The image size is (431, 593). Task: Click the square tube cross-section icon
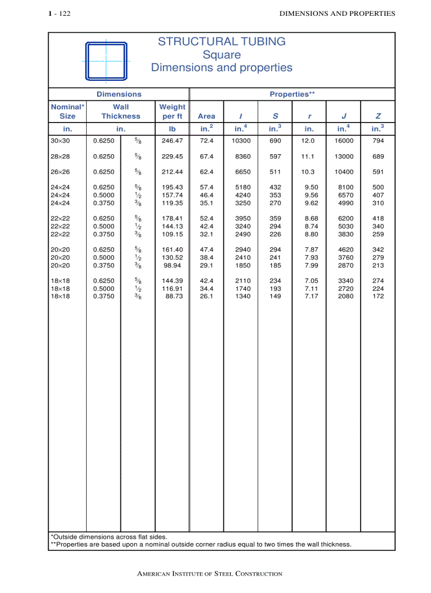click(106, 61)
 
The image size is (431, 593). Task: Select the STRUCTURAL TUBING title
click(221, 42)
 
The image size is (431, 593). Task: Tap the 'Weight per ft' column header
click(172, 111)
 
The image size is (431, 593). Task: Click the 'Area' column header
click(206, 116)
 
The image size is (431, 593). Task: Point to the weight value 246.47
click(172, 141)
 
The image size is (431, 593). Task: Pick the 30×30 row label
click(60, 141)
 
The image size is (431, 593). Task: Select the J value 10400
click(344, 172)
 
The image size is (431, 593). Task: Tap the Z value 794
click(378, 141)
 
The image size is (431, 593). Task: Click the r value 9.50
click(311, 187)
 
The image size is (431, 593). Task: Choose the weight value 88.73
click(174, 296)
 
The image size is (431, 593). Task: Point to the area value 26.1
click(207, 296)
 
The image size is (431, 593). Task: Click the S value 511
click(275, 172)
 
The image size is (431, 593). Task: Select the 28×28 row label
click(60, 157)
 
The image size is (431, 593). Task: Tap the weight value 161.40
click(172, 250)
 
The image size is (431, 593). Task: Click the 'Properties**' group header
click(292, 95)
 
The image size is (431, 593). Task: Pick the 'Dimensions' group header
click(119, 95)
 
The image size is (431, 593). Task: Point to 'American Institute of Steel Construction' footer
click(210, 574)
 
